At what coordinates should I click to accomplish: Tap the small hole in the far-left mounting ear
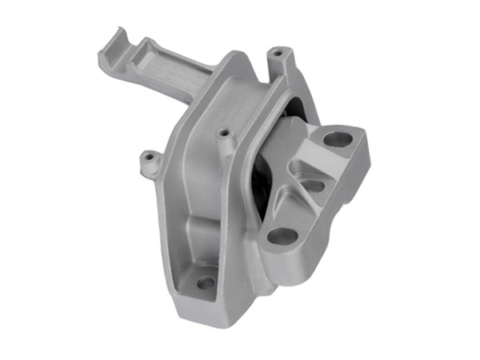(x=146, y=158)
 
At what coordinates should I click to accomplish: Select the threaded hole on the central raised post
(x=224, y=133)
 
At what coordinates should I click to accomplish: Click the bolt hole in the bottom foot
(x=206, y=282)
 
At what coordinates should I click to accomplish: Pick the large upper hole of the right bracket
(x=337, y=139)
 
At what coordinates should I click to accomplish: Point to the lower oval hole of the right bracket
(x=282, y=236)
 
